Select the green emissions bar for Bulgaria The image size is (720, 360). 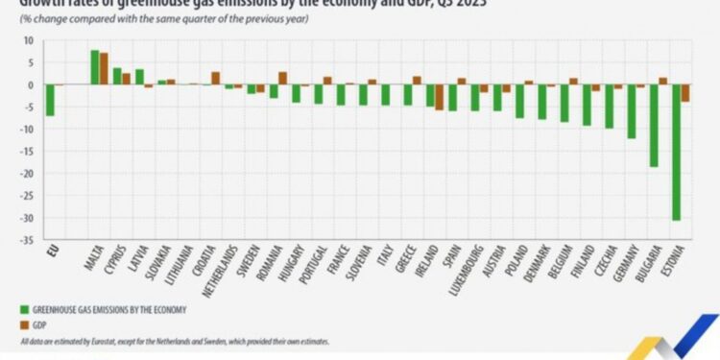click(653, 126)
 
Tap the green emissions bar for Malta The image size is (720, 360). click(94, 67)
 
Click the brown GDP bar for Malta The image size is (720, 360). click(104, 69)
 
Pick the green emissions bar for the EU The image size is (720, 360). click(49, 101)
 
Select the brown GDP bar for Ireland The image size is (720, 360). click(440, 97)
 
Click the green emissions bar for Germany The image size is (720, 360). click(631, 111)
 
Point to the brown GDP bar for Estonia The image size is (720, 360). click(685, 93)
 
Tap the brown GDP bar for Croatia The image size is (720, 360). click(216, 79)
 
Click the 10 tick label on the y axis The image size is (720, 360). click(28, 40)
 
